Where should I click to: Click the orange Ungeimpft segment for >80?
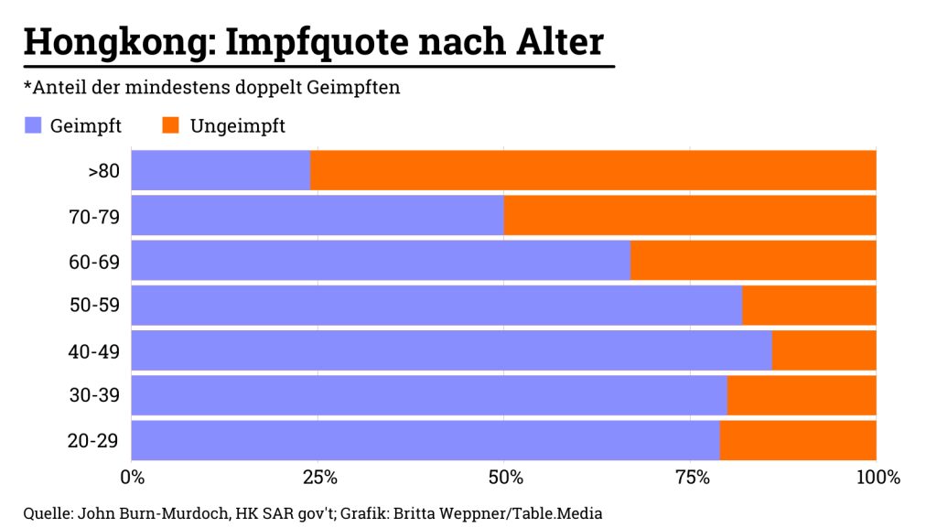[593, 170]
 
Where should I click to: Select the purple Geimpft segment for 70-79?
[318, 215]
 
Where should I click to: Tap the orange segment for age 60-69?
[753, 260]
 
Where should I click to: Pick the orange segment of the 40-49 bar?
[824, 350]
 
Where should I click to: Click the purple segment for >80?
[221, 170]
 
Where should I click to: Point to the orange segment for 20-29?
[798, 440]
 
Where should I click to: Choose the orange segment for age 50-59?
[809, 305]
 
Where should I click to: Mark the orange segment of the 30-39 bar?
[802, 395]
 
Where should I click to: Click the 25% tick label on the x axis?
[319, 478]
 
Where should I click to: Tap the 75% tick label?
[692, 478]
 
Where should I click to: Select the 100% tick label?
[878, 478]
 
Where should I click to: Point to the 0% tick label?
[133, 478]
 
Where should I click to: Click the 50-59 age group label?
[94, 306]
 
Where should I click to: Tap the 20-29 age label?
[94, 441]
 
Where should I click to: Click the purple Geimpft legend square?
[33, 125]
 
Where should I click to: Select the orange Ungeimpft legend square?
[169, 125]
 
